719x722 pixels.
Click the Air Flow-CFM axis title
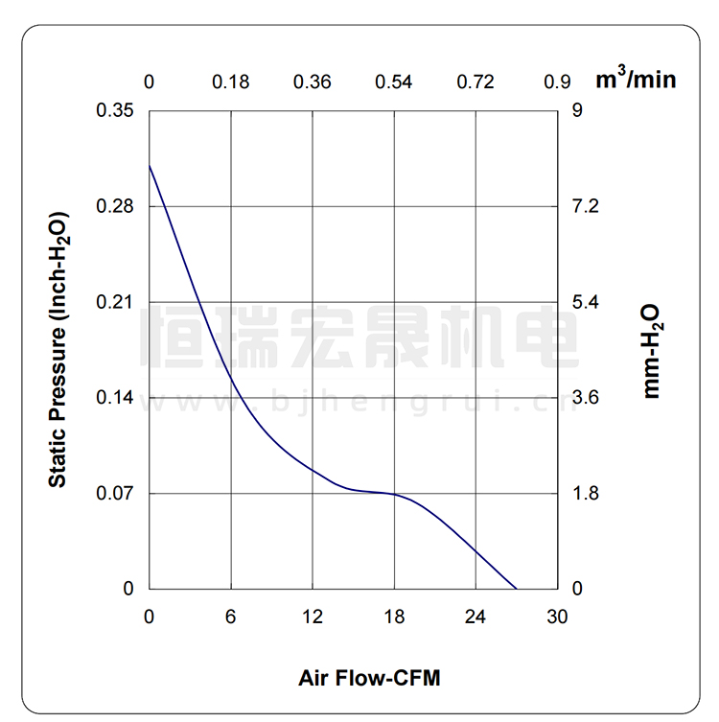[x=369, y=679]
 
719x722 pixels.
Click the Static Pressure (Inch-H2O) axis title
[x=58, y=349]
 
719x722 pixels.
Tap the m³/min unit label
[x=636, y=79]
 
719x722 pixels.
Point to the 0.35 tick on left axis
[x=115, y=110]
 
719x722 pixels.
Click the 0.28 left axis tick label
[x=115, y=206]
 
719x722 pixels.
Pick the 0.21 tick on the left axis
[x=115, y=302]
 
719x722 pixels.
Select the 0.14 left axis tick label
[x=115, y=398]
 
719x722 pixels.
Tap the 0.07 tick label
[x=115, y=494]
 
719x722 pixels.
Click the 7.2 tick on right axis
[x=585, y=206]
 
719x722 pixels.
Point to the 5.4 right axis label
[x=585, y=302]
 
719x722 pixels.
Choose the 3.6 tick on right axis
[x=585, y=398]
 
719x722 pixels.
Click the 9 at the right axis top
[x=577, y=110]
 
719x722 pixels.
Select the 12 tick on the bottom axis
[x=313, y=617]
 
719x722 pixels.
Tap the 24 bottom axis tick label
[x=476, y=617]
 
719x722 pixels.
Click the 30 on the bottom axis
[x=558, y=617]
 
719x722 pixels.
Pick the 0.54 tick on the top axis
[x=394, y=82]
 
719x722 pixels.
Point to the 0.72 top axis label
[x=476, y=82]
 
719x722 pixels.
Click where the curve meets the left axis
[x=150, y=166]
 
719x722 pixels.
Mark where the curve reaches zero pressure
[x=517, y=589]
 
